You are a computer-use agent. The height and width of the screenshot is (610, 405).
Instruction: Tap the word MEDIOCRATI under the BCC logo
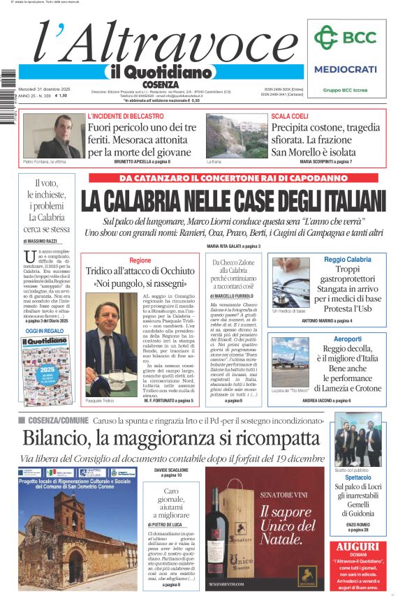345,69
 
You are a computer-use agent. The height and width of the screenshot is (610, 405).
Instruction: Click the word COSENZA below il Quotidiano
160,84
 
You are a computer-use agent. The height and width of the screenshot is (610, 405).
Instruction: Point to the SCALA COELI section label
289,115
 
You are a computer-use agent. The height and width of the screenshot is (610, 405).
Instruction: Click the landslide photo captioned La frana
237,137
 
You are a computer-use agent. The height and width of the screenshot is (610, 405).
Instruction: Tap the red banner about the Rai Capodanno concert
237,177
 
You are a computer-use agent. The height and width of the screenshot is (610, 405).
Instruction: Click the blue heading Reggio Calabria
348,260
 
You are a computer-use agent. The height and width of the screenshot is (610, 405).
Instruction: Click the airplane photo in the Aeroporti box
290,362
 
